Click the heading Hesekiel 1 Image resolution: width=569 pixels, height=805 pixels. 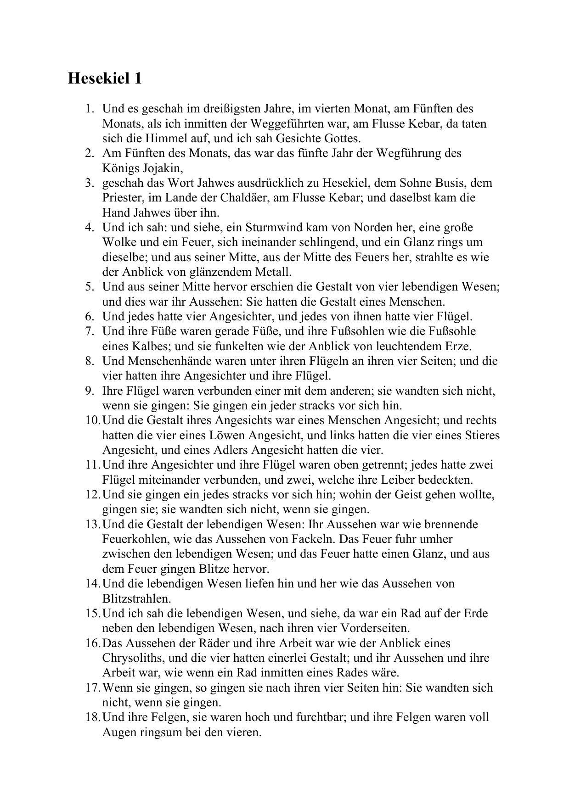coord(105,78)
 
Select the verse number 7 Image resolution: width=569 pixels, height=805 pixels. coord(89,331)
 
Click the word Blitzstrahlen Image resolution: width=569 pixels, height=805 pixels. coord(136,599)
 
